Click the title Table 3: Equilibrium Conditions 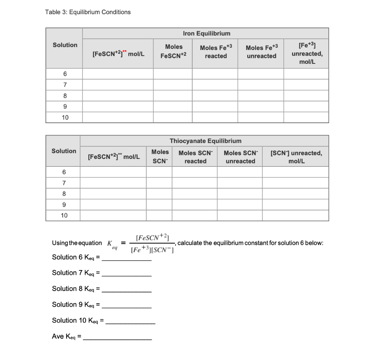[x=88, y=12]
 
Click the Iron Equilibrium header [x=206, y=33]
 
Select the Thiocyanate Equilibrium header [x=205, y=141]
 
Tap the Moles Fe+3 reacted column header [x=216, y=52]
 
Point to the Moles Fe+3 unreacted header [x=262, y=52]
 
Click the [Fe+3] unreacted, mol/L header [x=307, y=54]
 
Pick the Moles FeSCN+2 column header [x=173, y=51]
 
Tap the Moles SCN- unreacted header [x=240, y=157]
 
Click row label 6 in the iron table [x=65, y=73]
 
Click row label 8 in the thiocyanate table [x=64, y=194]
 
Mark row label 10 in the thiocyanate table [x=64, y=215]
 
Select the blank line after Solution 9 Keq [x=127, y=306]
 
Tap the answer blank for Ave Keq [x=117, y=337]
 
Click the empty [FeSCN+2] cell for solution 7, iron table [x=118, y=85]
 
